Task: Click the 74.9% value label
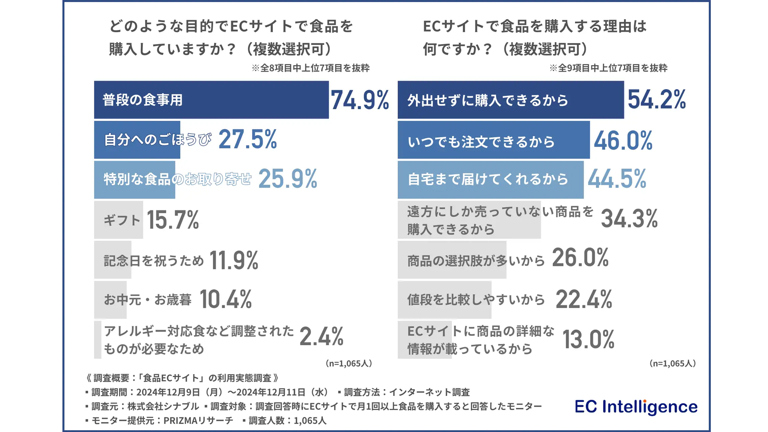pyautogui.click(x=360, y=100)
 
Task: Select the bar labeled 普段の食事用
pyautogui.click(x=211, y=100)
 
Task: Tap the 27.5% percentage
pyautogui.click(x=248, y=140)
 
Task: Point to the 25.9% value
pyautogui.click(x=288, y=179)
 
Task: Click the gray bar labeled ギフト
pyautogui.click(x=118, y=220)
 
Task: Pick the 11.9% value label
pyautogui.click(x=234, y=260)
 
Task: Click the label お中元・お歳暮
pyautogui.click(x=148, y=300)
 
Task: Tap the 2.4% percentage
pyautogui.click(x=321, y=336)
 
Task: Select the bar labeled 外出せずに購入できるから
pyautogui.click(x=510, y=100)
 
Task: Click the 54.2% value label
pyautogui.click(x=657, y=99)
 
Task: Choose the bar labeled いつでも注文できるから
pyautogui.click(x=493, y=140)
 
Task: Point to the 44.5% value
pyautogui.click(x=617, y=179)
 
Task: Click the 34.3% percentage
pyautogui.click(x=629, y=219)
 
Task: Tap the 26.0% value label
pyautogui.click(x=580, y=258)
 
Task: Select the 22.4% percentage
pyautogui.click(x=584, y=300)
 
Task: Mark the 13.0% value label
pyautogui.click(x=588, y=340)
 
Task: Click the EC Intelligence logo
pyautogui.click(x=636, y=407)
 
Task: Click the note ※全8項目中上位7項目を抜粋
pyautogui.click(x=310, y=68)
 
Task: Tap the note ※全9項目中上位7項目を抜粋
pyautogui.click(x=608, y=68)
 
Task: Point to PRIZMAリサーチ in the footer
pyautogui.click(x=198, y=421)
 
